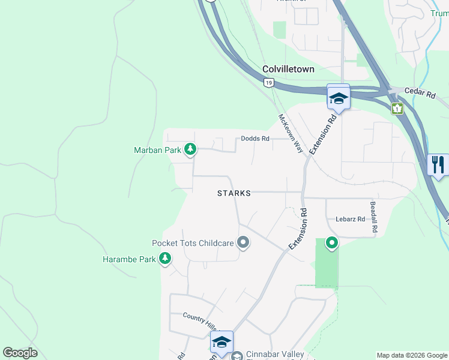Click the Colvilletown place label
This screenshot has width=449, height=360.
288,69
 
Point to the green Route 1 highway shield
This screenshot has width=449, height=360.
396,108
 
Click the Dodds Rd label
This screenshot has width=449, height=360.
255,139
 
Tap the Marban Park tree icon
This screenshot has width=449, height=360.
190,149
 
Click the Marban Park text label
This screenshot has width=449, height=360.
157,150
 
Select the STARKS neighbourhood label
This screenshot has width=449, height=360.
234,194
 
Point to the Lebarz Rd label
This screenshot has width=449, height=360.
351,220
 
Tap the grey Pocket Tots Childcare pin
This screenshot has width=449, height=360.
243,243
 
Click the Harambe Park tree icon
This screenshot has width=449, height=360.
164,259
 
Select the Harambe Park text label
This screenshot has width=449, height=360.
129,260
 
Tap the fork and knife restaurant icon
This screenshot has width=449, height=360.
438,164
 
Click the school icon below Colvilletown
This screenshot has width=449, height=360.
339,98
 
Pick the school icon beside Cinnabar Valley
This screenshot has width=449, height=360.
221,343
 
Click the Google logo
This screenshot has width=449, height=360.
20,353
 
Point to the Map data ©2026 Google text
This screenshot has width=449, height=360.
412,355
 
